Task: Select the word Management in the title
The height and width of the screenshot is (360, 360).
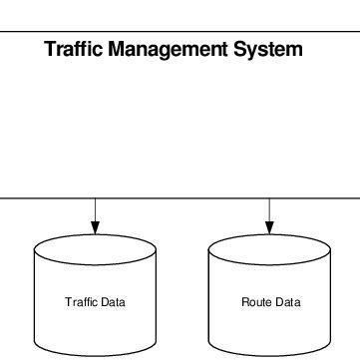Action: (168, 49)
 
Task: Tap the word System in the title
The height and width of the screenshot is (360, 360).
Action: (267, 49)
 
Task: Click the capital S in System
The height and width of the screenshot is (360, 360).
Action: (240, 49)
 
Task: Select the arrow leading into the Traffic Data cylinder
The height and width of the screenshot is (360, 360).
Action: (96, 214)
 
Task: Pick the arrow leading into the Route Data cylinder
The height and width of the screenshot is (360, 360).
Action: (269, 214)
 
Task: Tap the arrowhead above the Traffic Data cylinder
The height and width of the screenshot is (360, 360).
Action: (96, 228)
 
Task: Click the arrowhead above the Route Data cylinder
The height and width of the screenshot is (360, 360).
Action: (269, 228)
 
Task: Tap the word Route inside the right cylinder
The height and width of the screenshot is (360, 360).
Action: (255, 302)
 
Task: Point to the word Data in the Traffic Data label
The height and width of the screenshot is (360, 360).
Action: (113, 302)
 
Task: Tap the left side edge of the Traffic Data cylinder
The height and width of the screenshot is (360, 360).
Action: (35, 299)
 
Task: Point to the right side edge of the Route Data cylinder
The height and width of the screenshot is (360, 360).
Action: (331, 299)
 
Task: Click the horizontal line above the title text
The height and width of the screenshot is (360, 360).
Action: (180, 30)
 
